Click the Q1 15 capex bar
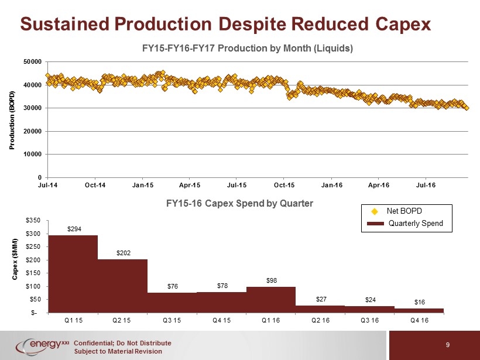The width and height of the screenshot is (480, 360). [x=73, y=274]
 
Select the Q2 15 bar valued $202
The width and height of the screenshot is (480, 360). [x=122, y=286]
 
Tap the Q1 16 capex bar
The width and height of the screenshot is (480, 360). [x=271, y=300]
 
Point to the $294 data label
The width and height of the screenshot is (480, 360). [x=74, y=229]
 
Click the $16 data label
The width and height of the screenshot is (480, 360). [x=420, y=302]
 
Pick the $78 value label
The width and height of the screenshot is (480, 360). [x=222, y=286]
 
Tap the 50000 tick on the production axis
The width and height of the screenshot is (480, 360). [x=32, y=62]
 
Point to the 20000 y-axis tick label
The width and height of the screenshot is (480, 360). [x=32, y=131]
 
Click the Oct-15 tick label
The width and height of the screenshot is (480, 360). [x=284, y=185]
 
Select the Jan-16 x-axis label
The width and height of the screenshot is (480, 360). [x=332, y=185]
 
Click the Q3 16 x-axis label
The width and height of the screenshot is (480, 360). [x=370, y=320]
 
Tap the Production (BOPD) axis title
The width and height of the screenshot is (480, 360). [x=12, y=120]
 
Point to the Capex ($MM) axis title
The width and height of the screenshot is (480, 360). [x=15, y=259]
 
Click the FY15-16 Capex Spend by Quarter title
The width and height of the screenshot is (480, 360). [x=239, y=203]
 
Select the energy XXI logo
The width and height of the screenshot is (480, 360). [x=43, y=346]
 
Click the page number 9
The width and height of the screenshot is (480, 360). [x=448, y=345]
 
